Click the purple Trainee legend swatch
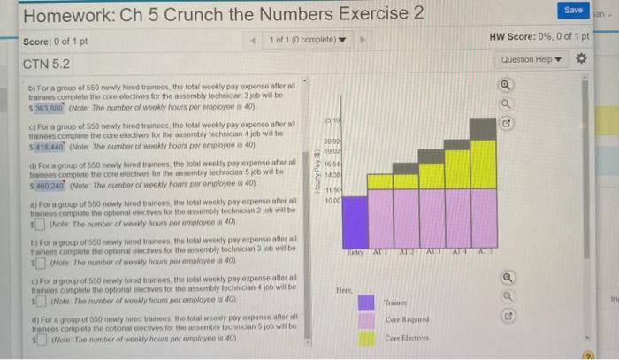[365, 302]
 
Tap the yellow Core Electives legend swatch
[365, 337]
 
